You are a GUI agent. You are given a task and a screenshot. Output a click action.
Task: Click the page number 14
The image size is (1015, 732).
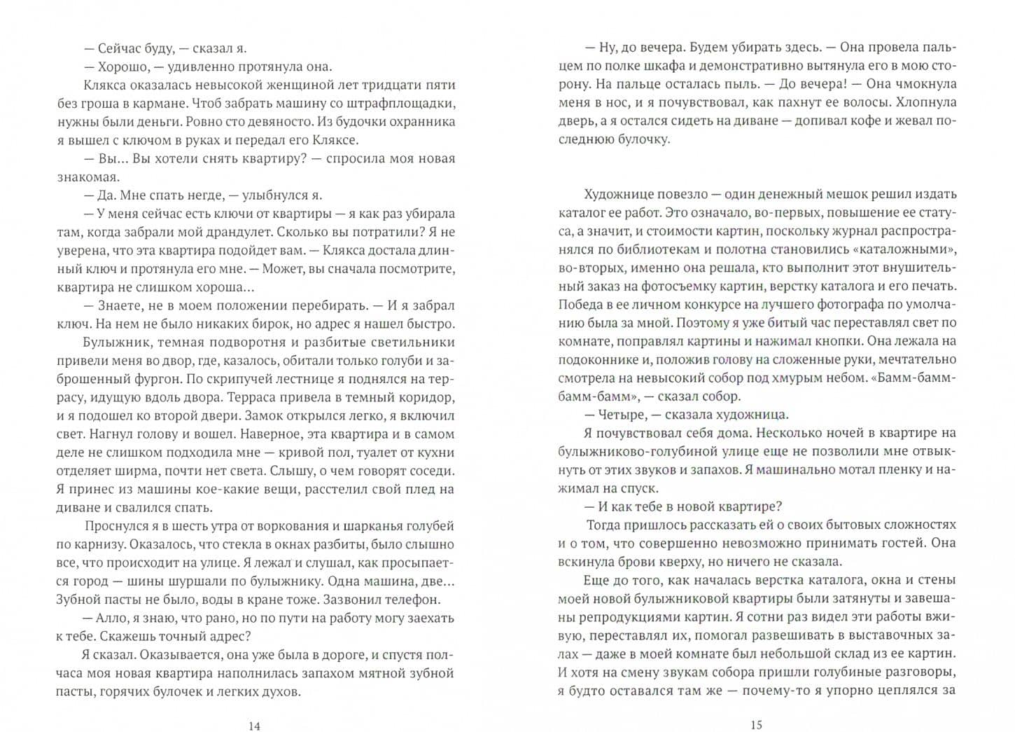(254, 726)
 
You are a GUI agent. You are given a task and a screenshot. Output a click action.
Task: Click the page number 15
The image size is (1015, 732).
(755, 725)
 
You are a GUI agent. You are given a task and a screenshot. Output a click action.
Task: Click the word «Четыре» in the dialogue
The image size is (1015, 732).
(621, 415)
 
